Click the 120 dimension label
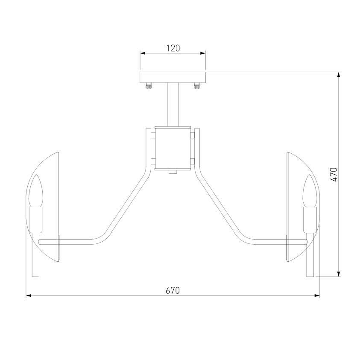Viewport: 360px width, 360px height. [173, 48]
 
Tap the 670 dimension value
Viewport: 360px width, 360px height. [173, 290]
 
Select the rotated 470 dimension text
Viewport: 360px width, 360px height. [334, 175]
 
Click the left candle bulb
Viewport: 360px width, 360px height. [36, 191]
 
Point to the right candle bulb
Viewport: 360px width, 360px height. [310, 191]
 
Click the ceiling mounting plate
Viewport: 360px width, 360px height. [173, 78]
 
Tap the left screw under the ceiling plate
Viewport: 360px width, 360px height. [149, 86]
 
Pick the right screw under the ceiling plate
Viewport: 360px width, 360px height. [196, 86]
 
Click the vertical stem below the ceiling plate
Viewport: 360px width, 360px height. [173, 105]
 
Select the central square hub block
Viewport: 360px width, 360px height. [173, 148]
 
